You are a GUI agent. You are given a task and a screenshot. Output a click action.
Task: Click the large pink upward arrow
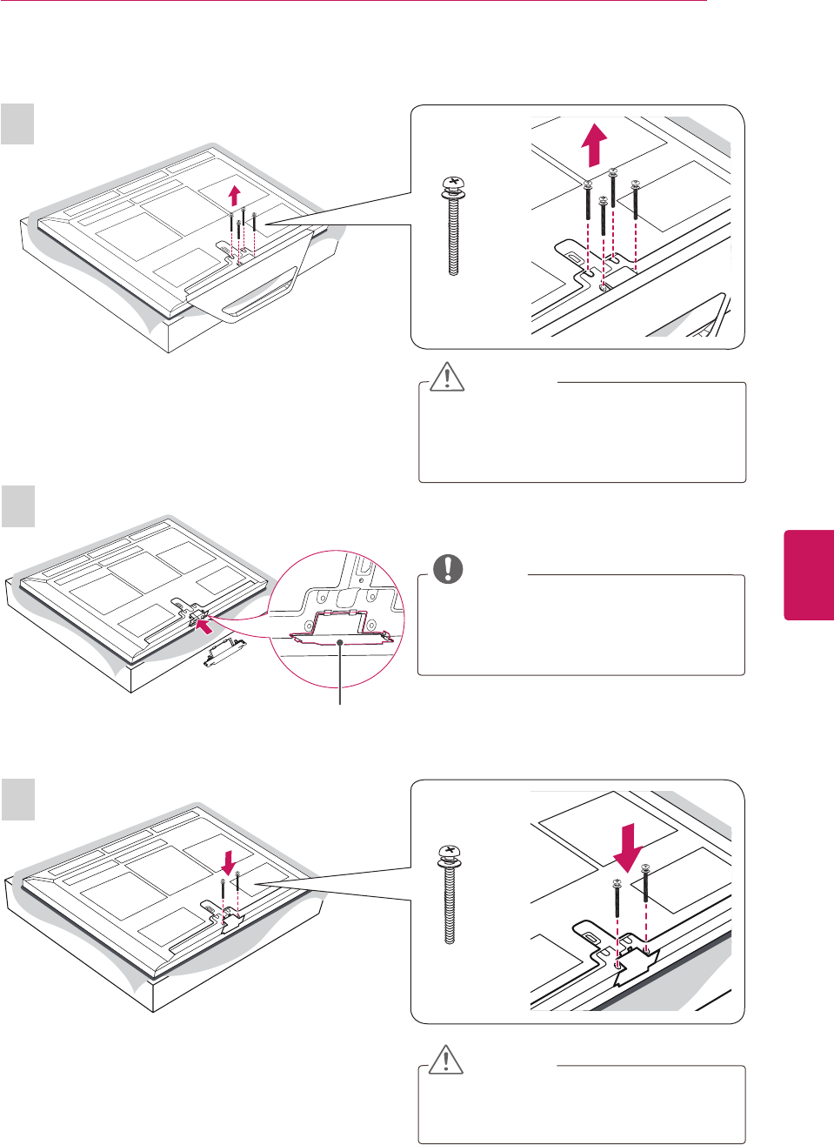[593, 145]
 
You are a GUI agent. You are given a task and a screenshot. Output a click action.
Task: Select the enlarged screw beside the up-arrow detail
[453, 224]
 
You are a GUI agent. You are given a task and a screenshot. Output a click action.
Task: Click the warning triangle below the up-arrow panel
[447, 377]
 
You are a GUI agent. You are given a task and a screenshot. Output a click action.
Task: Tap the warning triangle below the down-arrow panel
[447, 1060]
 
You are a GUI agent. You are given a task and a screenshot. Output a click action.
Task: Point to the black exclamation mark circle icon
[449, 568]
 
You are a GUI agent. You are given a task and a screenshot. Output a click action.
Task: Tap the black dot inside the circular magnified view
[340, 642]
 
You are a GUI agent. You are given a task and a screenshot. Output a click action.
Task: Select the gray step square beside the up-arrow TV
[17, 124]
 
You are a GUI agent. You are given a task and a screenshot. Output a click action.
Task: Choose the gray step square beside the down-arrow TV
[17, 799]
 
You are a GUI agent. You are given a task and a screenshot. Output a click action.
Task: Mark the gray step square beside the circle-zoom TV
[17, 506]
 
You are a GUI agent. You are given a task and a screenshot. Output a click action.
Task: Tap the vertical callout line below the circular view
[340, 679]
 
